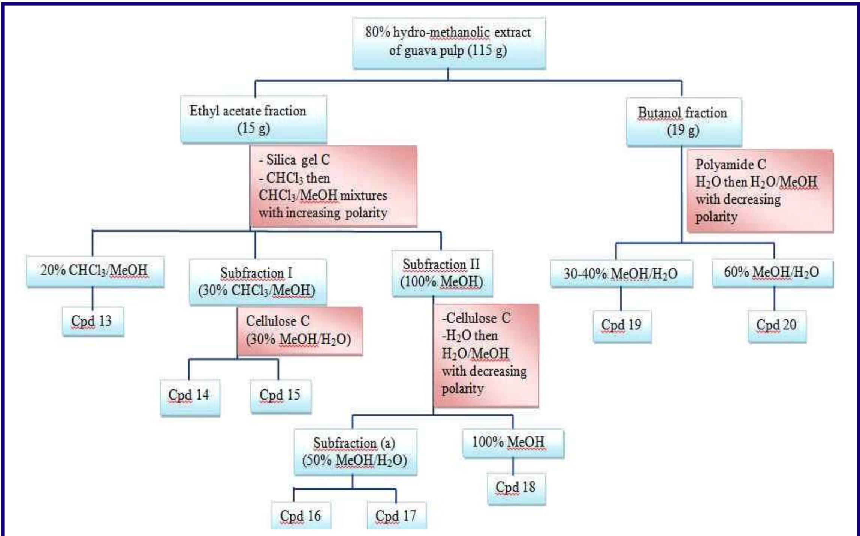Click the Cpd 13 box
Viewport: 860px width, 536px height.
point(93,322)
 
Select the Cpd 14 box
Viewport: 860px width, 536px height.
point(190,397)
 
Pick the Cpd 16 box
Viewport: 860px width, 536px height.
point(301,515)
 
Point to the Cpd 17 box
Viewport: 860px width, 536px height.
point(396,515)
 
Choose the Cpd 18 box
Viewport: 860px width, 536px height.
point(516,488)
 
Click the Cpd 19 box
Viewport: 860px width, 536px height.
point(622,325)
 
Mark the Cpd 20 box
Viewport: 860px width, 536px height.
point(776,325)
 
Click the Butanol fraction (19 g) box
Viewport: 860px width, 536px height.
point(684,121)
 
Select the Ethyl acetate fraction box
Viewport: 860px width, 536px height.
point(253,119)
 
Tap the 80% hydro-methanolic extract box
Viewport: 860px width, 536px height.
point(449,42)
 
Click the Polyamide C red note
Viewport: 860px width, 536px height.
point(760,190)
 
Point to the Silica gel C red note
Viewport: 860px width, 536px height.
point(333,186)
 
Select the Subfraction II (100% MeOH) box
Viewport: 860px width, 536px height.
point(442,273)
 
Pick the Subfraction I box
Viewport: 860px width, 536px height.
point(257,282)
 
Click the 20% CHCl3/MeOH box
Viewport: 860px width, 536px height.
point(95,271)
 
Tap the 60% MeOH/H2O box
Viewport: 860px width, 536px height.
point(772,272)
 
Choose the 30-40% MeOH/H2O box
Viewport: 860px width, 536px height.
point(621,274)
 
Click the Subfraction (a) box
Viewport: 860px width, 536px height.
point(355,452)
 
